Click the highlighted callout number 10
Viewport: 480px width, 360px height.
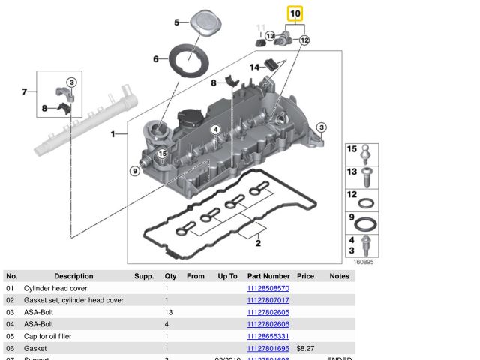(295, 13)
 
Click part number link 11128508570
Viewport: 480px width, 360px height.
(268, 288)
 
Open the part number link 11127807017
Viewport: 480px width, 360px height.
(268, 300)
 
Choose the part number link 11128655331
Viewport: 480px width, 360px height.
(268, 336)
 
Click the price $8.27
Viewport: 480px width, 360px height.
(304, 348)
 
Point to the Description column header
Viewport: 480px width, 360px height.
(73, 276)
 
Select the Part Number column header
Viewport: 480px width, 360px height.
(268, 276)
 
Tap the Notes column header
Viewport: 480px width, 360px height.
(339, 276)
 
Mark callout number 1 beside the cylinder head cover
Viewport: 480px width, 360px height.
(114, 135)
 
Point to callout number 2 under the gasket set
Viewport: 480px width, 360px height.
(257, 243)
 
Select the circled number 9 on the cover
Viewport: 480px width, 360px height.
(135, 171)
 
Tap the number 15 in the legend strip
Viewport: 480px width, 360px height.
(351, 149)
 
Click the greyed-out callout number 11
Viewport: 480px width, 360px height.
(261, 28)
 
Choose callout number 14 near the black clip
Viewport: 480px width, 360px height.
(255, 67)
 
